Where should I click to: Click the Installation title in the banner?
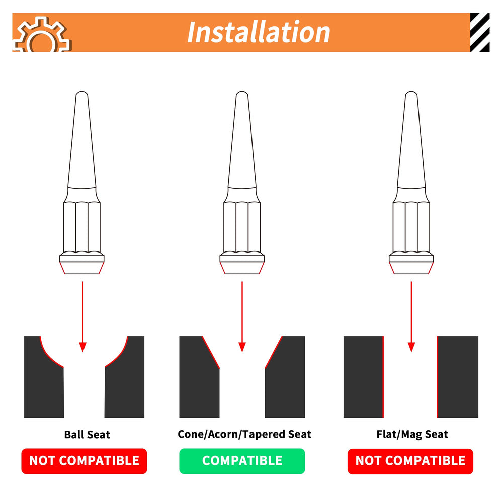click(x=259, y=32)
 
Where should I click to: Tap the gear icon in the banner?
click(x=42, y=35)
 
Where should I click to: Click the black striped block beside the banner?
click(x=480, y=32)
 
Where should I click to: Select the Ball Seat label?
click(x=87, y=435)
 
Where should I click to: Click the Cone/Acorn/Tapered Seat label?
click(x=244, y=434)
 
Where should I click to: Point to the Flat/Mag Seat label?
click(x=412, y=434)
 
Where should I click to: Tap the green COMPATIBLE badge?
click(x=242, y=461)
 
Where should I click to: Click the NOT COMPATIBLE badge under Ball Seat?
click(x=84, y=461)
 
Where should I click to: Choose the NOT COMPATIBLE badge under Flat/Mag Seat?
click(x=410, y=461)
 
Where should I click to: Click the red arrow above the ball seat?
click(x=83, y=316)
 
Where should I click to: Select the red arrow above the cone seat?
click(x=242, y=316)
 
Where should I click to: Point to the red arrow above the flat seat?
click(x=411, y=316)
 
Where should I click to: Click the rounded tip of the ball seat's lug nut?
click(x=82, y=93)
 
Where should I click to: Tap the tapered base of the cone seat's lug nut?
click(x=242, y=268)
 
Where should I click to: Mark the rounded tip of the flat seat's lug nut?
click(x=411, y=93)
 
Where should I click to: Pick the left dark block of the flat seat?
click(x=364, y=377)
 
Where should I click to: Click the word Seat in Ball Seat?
click(x=99, y=435)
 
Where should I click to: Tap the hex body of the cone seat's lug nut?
click(x=242, y=227)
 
